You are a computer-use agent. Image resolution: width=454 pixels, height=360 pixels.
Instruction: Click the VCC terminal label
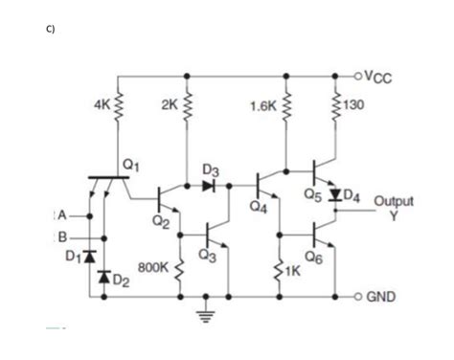coord(381,79)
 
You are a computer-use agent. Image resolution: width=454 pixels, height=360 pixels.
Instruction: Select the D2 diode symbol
coord(103,277)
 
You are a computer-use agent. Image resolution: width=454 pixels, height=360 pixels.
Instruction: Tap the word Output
coord(393,202)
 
